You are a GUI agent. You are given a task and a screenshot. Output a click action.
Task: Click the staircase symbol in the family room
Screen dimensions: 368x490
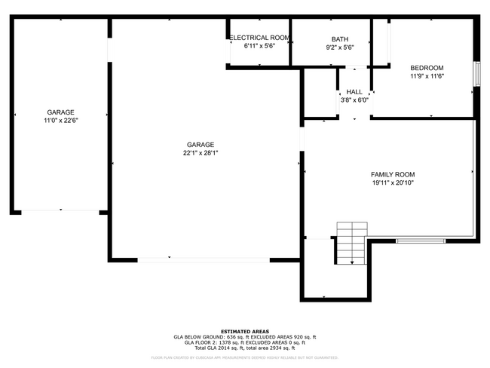[351, 242]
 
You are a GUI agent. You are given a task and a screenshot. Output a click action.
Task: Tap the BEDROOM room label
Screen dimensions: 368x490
[427, 68]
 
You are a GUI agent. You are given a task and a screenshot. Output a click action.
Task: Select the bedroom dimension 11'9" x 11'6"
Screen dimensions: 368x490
[427, 76]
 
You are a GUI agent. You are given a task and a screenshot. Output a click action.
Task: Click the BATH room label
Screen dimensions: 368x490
[339, 39]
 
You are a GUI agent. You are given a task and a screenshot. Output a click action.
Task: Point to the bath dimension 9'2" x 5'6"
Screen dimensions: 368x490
[339, 48]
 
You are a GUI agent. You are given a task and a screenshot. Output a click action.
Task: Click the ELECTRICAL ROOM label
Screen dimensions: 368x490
[259, 38]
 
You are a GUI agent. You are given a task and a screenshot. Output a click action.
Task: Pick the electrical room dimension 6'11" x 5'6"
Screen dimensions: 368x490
[259, 46]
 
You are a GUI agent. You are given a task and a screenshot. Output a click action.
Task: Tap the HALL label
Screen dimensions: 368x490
[354, 91]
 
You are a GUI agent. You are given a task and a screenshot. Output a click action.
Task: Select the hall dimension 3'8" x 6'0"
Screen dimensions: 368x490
[354, 100]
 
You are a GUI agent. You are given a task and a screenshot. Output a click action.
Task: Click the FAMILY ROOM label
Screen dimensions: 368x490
[392, 173]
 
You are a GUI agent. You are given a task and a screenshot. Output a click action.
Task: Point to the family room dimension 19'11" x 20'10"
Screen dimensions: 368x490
[392, 182]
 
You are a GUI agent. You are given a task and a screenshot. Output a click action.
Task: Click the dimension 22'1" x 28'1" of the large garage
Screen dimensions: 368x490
[201, 153]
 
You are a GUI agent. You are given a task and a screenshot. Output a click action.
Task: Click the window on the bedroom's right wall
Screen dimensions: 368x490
[476, 75]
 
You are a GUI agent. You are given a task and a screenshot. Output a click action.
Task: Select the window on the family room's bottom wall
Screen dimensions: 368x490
[421, 241]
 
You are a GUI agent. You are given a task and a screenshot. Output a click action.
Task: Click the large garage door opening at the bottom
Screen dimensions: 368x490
[204, 260]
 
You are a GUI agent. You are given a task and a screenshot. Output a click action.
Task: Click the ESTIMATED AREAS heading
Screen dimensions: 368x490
[244, 331]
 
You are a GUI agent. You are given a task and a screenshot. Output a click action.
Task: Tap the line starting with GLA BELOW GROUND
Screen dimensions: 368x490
[244, 337]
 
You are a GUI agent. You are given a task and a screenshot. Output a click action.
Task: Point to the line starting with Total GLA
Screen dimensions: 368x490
[244, 348]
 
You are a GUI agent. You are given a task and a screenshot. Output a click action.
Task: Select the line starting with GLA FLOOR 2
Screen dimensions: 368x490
[244, 343]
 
